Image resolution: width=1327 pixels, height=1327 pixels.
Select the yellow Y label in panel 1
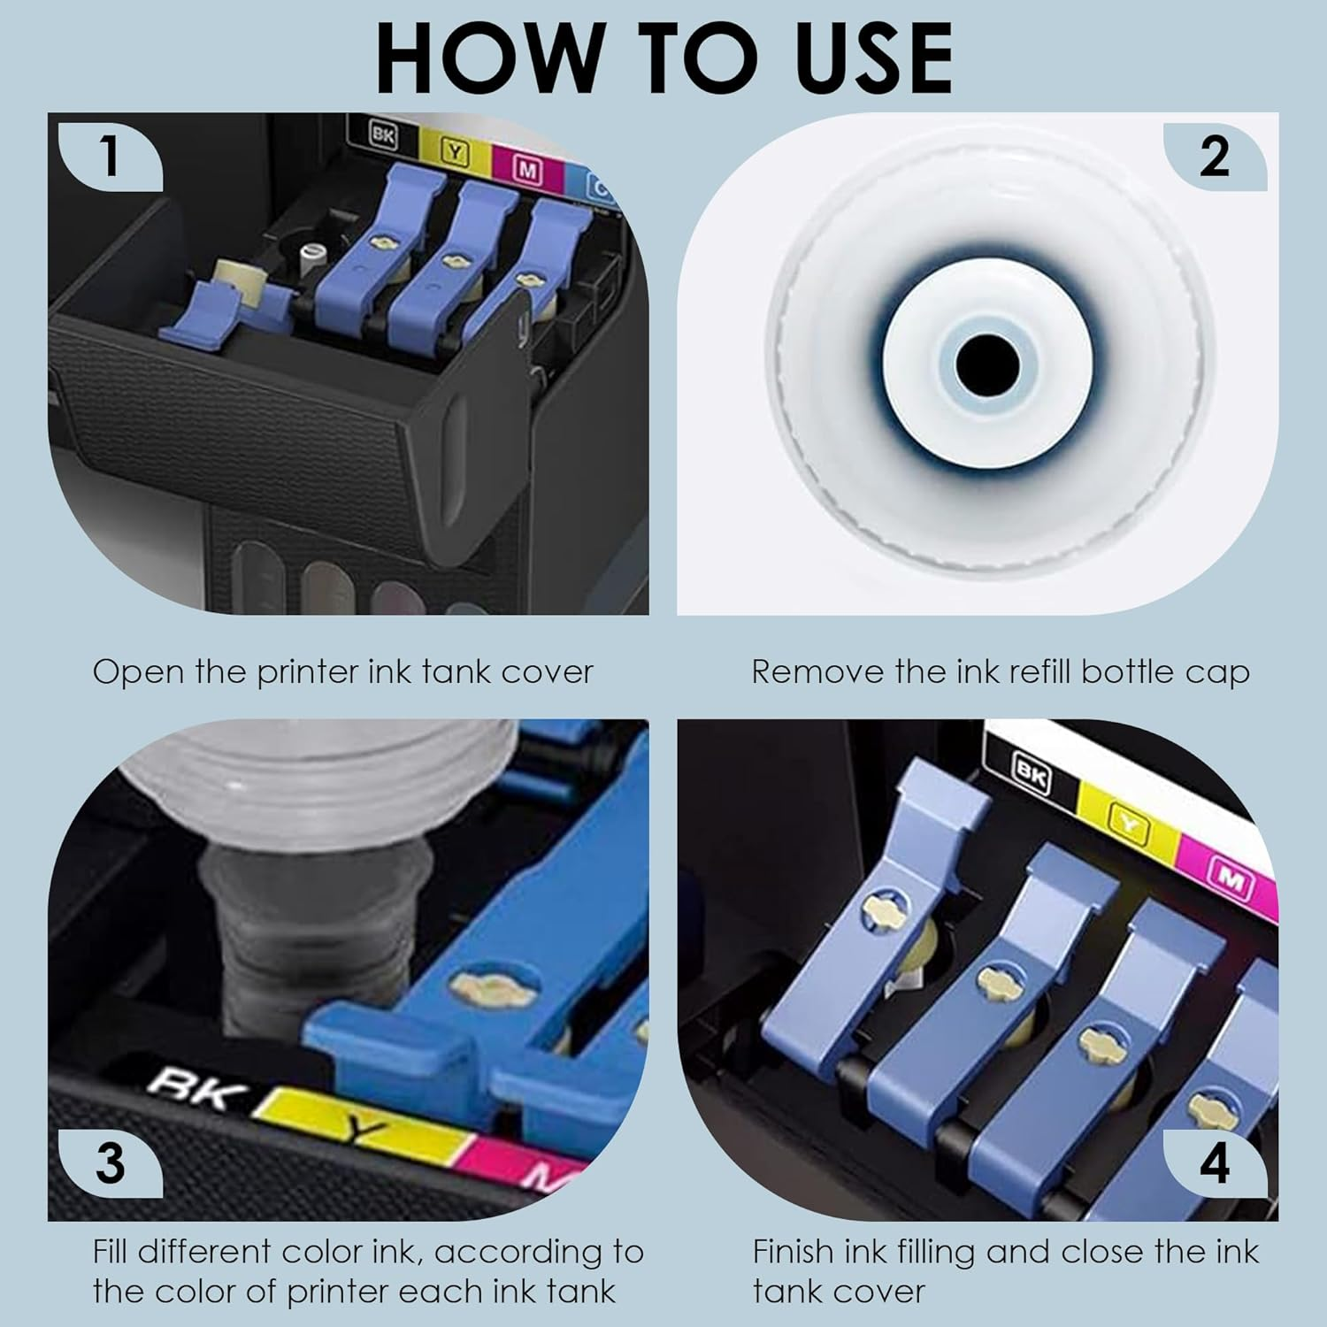click(x=455, y=151)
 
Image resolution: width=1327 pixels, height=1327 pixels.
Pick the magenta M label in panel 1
click(x=528, y=167)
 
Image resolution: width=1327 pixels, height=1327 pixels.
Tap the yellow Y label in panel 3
click(x=362, y=1125)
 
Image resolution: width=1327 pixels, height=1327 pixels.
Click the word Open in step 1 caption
click(x=140, y=673)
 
